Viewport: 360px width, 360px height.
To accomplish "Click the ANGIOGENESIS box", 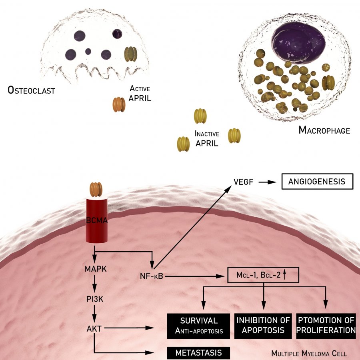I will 318,182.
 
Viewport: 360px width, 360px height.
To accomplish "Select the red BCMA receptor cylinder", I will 97,220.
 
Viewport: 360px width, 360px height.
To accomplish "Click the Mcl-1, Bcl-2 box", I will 263,275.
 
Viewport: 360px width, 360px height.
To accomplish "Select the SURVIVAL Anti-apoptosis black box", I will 199,326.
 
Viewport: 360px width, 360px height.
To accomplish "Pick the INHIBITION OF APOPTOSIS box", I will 263,326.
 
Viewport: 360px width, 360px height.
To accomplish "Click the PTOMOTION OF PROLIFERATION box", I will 326,326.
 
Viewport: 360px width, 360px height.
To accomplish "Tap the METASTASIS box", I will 199,353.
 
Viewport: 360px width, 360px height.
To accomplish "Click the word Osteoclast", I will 31,90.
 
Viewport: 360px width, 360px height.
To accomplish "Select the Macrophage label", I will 324,130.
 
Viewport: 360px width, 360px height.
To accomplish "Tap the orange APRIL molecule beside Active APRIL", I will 119,104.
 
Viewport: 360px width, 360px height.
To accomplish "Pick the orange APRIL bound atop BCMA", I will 96,189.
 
